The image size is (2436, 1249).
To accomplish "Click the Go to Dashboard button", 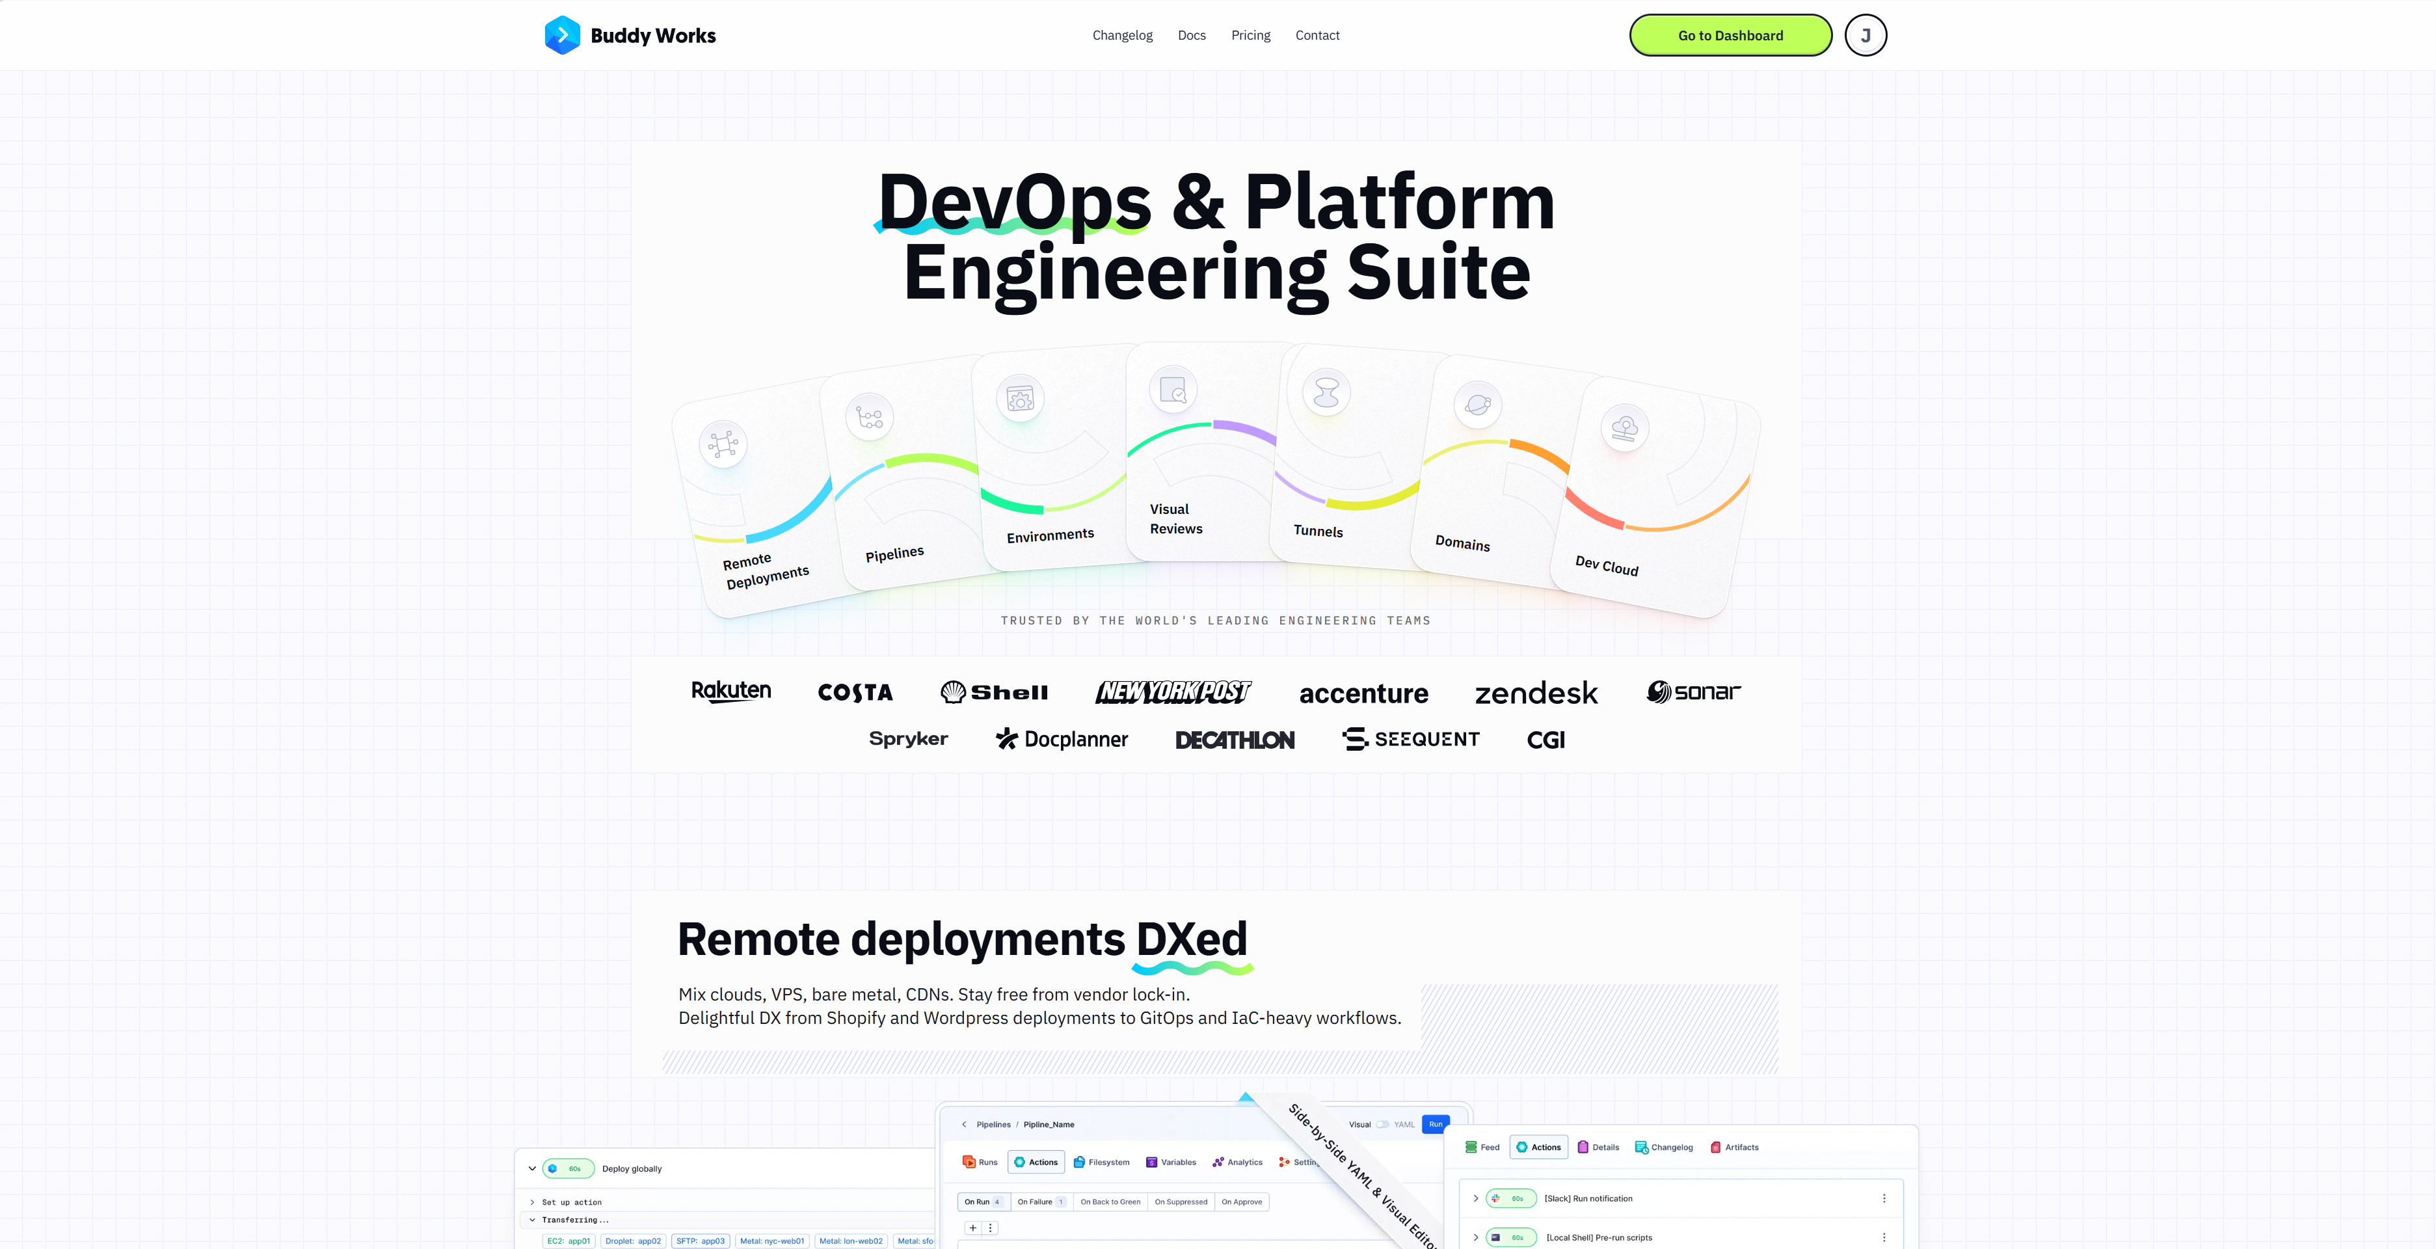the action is pyautogui.click(x=1730, y=35).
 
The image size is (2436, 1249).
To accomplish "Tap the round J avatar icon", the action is pyautogui.click(x=1865, y=35).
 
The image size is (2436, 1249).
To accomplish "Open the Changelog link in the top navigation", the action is pyautogui.click(x=1123, y=35).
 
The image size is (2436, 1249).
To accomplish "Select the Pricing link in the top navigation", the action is pyautogui.click(x=1250, y=35).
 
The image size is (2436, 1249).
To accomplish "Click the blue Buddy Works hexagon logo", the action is pyautogui.click(x=562, y=35).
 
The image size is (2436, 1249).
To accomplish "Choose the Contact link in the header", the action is pyautogui.click(x=1317, y=35).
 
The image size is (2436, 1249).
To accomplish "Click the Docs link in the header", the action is pyautogui.click(x=1192, y=35).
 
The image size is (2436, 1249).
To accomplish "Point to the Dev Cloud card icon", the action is pyautogui.click(x=1625, y=428).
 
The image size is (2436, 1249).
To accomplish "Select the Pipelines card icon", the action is pyautogui.click(x=869, y=417).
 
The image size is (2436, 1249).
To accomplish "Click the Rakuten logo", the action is pyautogui.click(x=731, y=691).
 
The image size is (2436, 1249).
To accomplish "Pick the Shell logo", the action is pyautogui.click(x=994, y=692).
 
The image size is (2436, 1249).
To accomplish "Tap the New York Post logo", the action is pyautogui.click(x=1173, y=692).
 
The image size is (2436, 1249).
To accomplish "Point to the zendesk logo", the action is pyautogui.click(x=1536, y=693).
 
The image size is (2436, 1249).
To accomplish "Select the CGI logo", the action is pyautogui.click(x=1546, y=740).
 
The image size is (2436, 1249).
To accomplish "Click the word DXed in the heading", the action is pyautogui.click(x=1192, y=939).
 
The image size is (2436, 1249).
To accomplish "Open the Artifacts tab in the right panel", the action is pyautogui.click(x=1734, y=1147).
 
